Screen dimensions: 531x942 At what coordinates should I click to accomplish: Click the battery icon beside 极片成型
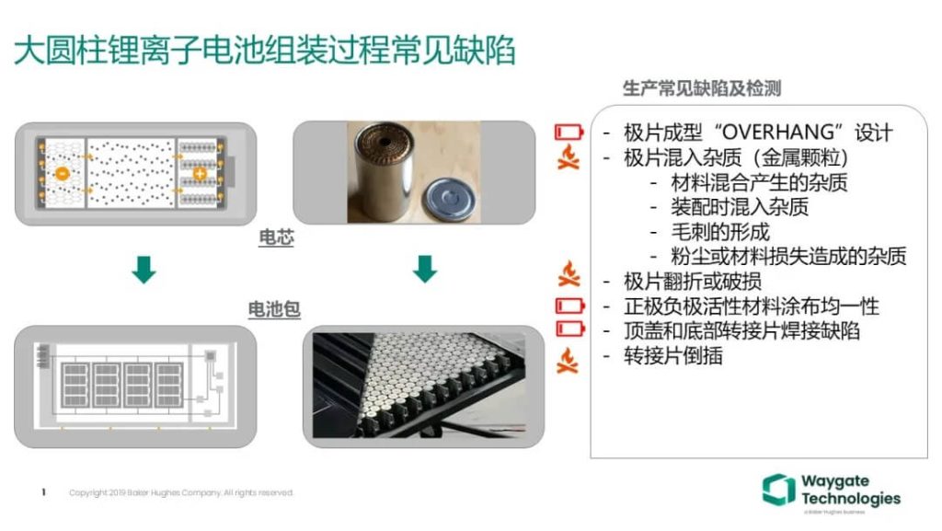569,133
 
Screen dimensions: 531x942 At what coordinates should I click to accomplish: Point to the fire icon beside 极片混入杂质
569,157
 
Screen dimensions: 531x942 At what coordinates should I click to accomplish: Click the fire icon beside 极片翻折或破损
569,273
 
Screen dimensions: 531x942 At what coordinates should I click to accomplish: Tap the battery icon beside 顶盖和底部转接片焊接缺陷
569,329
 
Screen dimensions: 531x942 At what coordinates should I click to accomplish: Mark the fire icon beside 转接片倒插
569,360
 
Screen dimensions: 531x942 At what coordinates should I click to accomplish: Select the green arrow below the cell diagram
144,271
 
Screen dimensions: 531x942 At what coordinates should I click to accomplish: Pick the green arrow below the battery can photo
424,270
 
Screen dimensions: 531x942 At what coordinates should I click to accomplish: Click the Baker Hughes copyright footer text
181,493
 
